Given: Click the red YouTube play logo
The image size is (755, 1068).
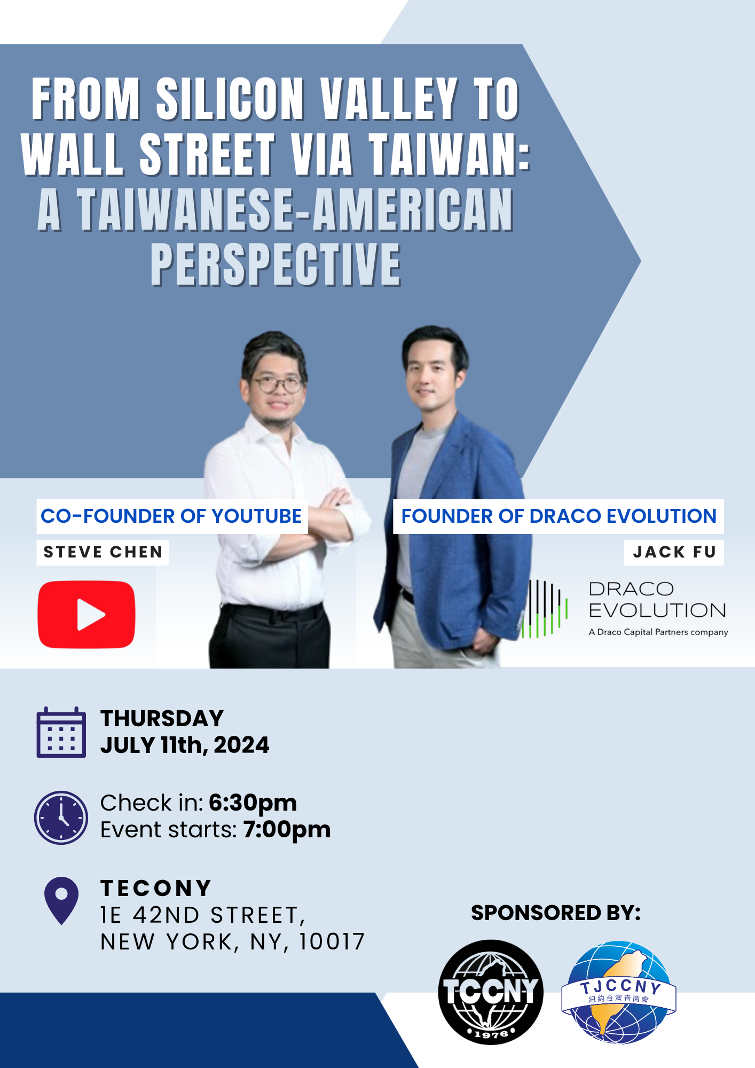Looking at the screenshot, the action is click(86, 614).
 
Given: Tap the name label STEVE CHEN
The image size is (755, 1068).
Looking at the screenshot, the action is click(103, 552).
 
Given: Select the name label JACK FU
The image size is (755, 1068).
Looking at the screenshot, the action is click(674, 552).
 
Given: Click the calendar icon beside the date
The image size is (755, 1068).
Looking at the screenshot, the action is click(61, 732).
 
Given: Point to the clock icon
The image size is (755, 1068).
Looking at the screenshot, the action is click(61, 818).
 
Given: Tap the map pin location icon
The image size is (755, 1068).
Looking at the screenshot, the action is click(62, 900).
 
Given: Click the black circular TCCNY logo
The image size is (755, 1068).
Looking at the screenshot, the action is click(491, 992).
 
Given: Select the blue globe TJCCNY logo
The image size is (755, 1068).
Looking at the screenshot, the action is click(619, 992).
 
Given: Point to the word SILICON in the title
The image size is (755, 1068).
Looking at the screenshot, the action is click(230, 99).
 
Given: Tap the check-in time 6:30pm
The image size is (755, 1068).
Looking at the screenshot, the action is click(253, 803).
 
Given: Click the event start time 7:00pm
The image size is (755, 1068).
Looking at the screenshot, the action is click(287, 829).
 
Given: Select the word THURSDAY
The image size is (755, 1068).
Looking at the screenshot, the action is click(162, 718).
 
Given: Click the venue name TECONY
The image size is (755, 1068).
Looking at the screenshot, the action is click(156, 889).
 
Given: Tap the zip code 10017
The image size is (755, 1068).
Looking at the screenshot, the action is click(332, 942).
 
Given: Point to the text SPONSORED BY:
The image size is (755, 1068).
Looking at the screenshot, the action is click(556, 913).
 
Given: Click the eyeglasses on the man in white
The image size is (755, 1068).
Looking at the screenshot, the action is click(277, 384).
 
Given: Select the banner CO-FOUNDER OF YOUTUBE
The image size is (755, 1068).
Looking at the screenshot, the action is click(172, 516).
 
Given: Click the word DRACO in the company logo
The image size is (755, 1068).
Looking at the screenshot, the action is click(631, 589).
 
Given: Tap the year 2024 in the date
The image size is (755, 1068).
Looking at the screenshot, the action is click(241, 745).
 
